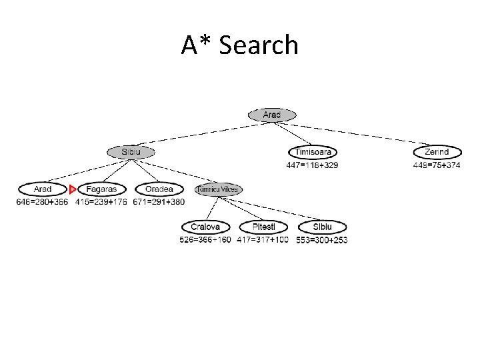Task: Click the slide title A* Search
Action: click(x=239, y=45)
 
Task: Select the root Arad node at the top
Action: click(x=271, y=115)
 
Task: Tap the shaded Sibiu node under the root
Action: click(x=131, y=152)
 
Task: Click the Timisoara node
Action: click(x=313, y=152)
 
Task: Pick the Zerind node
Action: click(x=437, y=152)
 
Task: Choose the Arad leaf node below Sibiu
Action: click(x=42, y=189)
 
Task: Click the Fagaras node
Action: click(x=101, y=189)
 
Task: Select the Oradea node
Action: click(x=159, y=189)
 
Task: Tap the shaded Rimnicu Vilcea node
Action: click(x=219, y=189)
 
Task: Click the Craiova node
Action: click(x=205, y=227)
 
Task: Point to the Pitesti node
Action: click(x=263, y=227)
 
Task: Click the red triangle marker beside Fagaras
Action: click(x=73, y=189)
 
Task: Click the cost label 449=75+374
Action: click(x=437, y=165)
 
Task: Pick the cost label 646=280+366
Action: click(x=42, y=201)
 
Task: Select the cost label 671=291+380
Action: click(x=159, y=201)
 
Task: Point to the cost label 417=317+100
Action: click(x=263, y=239)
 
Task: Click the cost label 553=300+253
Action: click(x=321, y=239)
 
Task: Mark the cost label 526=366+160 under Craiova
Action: click(x=205, y=239)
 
